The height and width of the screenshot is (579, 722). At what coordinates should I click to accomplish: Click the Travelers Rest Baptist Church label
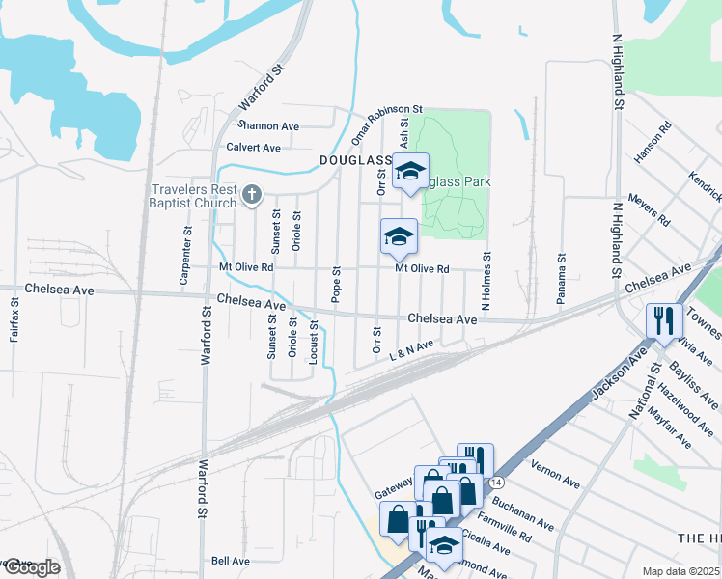tap(192, 196)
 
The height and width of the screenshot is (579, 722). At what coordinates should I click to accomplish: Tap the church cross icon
tap(251, 196)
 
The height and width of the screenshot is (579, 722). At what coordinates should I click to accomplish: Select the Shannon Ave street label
tap(269, 126)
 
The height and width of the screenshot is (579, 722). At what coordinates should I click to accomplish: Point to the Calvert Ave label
tap(253, 148)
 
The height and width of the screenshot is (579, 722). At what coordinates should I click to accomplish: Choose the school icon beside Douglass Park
tap(410, 172)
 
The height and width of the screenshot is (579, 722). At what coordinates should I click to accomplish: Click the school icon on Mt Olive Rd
tap(398, 236)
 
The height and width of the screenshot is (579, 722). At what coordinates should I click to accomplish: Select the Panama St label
tap(560, 280)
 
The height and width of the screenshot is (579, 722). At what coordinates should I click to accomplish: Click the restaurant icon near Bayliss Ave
tap(663, 320)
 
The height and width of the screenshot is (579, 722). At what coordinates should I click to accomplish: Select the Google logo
tap(31, 567)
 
